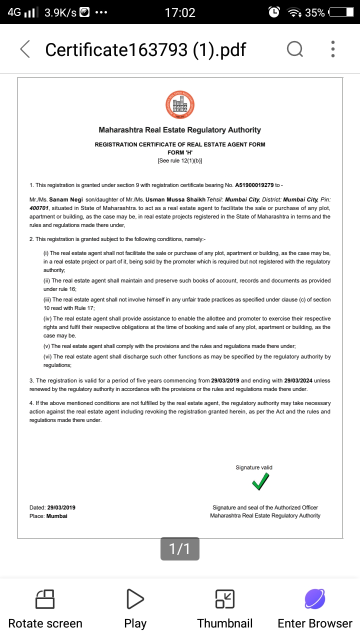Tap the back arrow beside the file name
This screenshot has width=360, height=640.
tap(25, 49)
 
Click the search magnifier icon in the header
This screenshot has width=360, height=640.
tap(294, 49)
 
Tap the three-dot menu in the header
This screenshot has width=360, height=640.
tap(333, 49)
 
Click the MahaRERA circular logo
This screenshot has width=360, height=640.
tap(179, 105)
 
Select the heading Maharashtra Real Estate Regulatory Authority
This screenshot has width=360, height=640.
tap(179, 130)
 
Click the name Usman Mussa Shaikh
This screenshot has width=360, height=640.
tap(175, 199)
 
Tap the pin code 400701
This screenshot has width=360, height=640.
tap(39, 208)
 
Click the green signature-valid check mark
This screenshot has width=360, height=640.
tap(260, 481)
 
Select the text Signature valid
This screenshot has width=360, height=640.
tap(254, 467)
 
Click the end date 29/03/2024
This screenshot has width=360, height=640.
tap(297, 380)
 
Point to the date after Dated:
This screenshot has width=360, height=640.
tap(61, 507)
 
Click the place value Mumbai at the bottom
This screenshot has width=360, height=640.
tap(56, 516)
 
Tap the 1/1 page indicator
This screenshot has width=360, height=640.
tap(180, 549)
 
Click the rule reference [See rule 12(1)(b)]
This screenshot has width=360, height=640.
tap(179, 160)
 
